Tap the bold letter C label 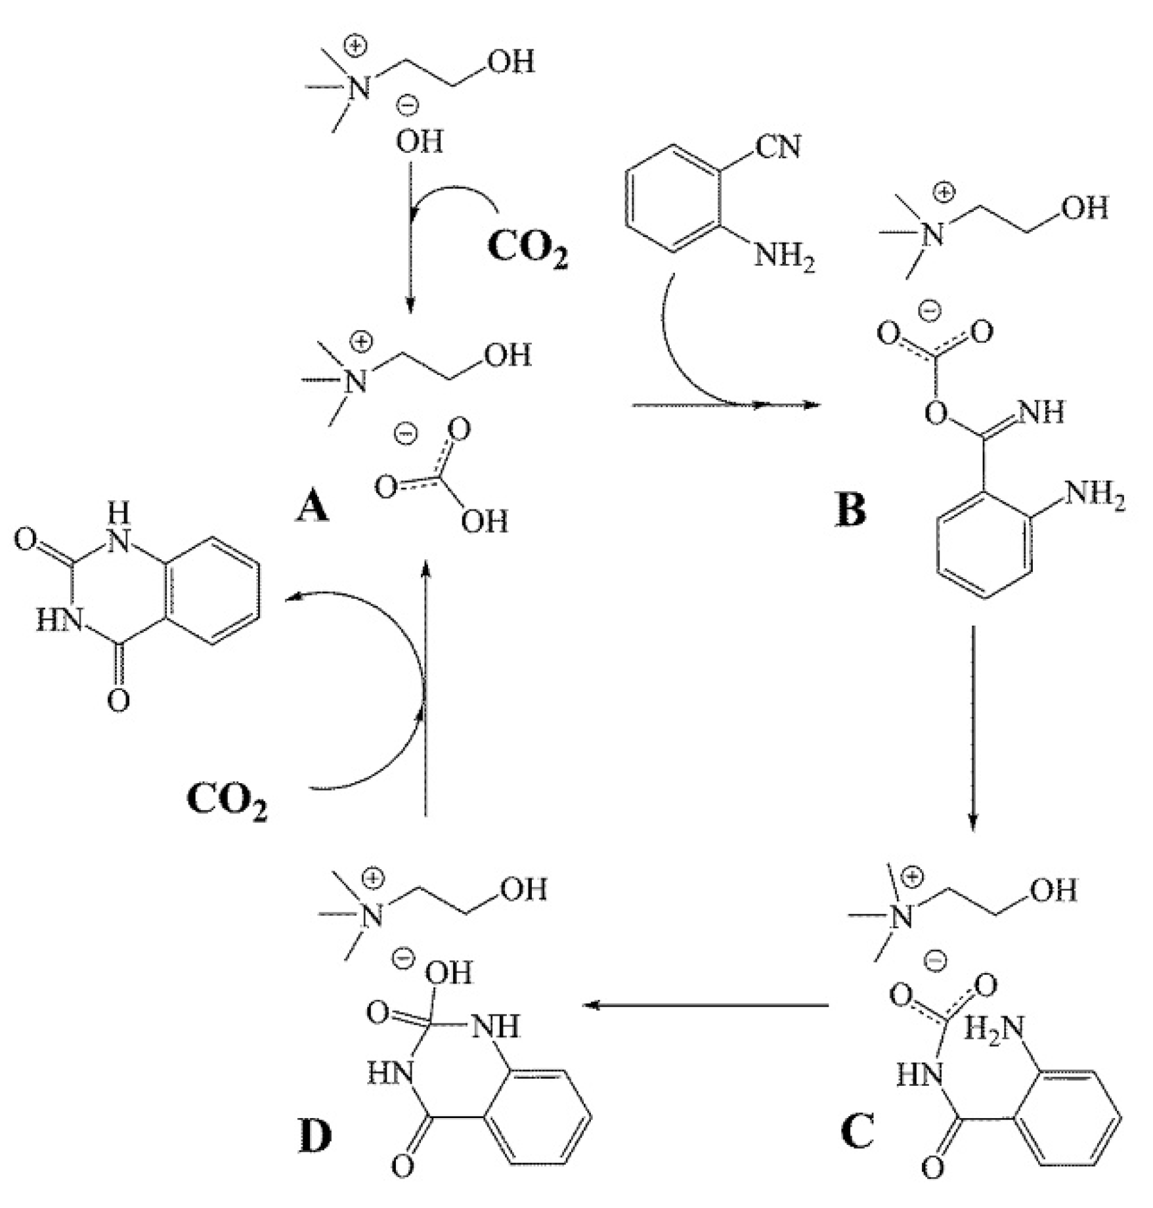tap(857, 1130)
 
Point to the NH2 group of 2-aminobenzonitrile tap(784, 256)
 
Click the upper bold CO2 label tap(527, 248)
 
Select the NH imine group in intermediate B tap(1042, 412)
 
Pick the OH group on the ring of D tap(449, 972)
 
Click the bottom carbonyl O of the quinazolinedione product tap(118, 701)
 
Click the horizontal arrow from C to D tap(706, 1005)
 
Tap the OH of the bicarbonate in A tap(484, 521)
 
